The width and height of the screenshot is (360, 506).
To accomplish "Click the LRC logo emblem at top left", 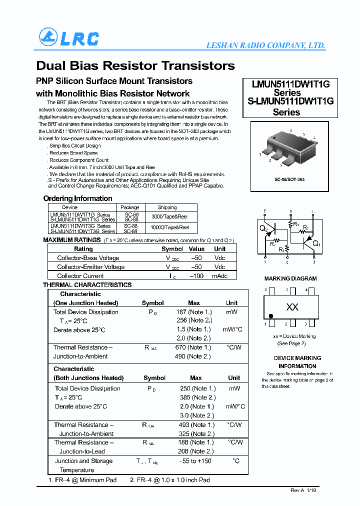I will coord(48,38).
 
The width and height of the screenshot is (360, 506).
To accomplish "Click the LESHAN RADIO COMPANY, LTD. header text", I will coord(265,45).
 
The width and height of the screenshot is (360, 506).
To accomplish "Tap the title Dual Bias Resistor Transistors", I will coord(135,65).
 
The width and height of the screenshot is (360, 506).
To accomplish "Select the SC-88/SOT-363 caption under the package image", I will coord(289,179).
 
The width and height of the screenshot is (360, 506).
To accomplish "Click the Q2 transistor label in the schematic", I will coord(263,229).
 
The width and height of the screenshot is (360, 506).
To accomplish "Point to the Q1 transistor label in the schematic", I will coord(316,244).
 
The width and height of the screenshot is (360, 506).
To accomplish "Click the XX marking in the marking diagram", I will coord(292,307).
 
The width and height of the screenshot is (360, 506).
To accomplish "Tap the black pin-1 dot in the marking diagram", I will coord(271,316).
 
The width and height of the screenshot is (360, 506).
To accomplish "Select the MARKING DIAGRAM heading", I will coord(290,278).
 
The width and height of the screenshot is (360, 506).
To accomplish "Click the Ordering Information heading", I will coord(77,198).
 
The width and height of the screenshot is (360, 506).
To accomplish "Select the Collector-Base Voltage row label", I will coord(88,258).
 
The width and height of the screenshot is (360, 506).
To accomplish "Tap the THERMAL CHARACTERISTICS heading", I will coord(87,285).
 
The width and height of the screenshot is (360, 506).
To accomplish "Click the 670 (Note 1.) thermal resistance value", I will coord(194,347).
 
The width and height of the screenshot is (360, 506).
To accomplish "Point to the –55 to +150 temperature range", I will coord(194,461).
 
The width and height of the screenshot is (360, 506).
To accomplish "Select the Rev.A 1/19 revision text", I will coord(303,490).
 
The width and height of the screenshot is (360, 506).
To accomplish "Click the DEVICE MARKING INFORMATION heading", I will coord(297,362).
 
